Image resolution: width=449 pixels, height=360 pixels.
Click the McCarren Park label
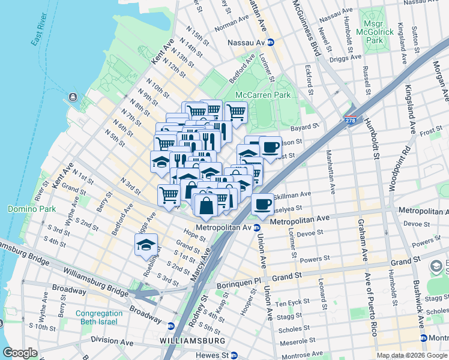(263, 95)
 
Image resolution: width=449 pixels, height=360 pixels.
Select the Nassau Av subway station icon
(271, 43)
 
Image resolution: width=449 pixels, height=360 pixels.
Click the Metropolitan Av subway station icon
(256, 227)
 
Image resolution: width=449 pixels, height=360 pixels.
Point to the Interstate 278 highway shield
(351, 121)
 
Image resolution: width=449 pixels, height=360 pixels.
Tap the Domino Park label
(31, 209)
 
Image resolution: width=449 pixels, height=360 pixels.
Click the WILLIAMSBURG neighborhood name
(192, 341)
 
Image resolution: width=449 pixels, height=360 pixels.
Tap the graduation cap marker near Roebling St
(146, 245)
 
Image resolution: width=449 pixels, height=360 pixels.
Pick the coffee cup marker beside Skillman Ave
(262, 204)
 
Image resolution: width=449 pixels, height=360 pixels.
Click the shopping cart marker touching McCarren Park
(236, 112)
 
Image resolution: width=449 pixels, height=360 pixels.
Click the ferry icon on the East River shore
(73, 97)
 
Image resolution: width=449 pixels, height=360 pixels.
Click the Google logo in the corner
(20, 353)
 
